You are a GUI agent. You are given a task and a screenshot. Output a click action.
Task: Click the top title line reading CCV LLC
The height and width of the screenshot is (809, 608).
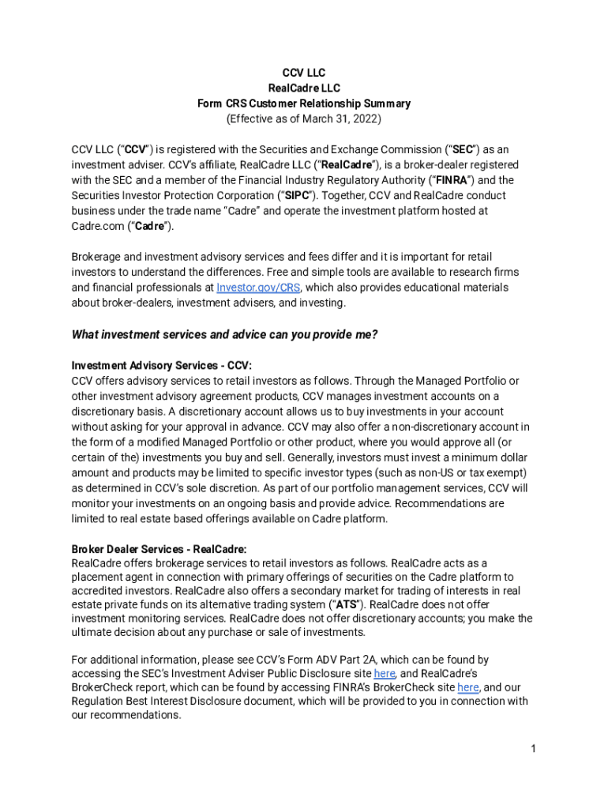tap(304, 73)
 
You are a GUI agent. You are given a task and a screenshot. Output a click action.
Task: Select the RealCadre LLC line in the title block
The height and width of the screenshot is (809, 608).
tap(304, 88)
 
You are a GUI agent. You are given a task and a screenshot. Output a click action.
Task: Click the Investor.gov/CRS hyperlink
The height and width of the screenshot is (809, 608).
tap(258, 288)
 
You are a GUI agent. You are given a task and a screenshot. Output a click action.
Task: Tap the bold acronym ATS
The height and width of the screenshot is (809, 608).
tap(336, 604)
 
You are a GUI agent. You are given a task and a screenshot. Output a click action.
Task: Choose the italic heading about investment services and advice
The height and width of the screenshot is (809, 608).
tap(224, 335)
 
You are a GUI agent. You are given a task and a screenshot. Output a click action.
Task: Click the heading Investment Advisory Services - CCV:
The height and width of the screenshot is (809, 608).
tap(162, 366)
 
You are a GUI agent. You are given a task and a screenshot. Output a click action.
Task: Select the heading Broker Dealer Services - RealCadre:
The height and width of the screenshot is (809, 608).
tap(159, 549)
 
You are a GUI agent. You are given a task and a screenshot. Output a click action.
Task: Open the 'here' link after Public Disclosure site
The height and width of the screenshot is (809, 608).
tap(385, 674)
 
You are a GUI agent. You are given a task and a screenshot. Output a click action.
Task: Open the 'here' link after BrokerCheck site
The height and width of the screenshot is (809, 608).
tap(468, 688)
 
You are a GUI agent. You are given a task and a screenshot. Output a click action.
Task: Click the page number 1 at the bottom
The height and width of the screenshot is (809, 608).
tap(534, 748)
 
